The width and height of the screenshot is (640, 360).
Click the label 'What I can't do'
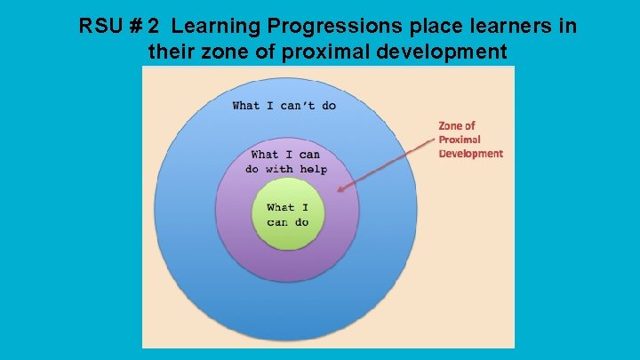tap(284, 106)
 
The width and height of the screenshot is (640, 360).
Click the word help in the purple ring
tap(312, 169)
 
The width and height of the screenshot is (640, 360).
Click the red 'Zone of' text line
tap(457, 126)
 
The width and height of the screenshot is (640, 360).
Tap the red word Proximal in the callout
tap(460, 140)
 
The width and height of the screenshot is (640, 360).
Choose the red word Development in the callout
tap(470, 153)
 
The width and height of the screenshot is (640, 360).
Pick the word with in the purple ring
tap(281, 169)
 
